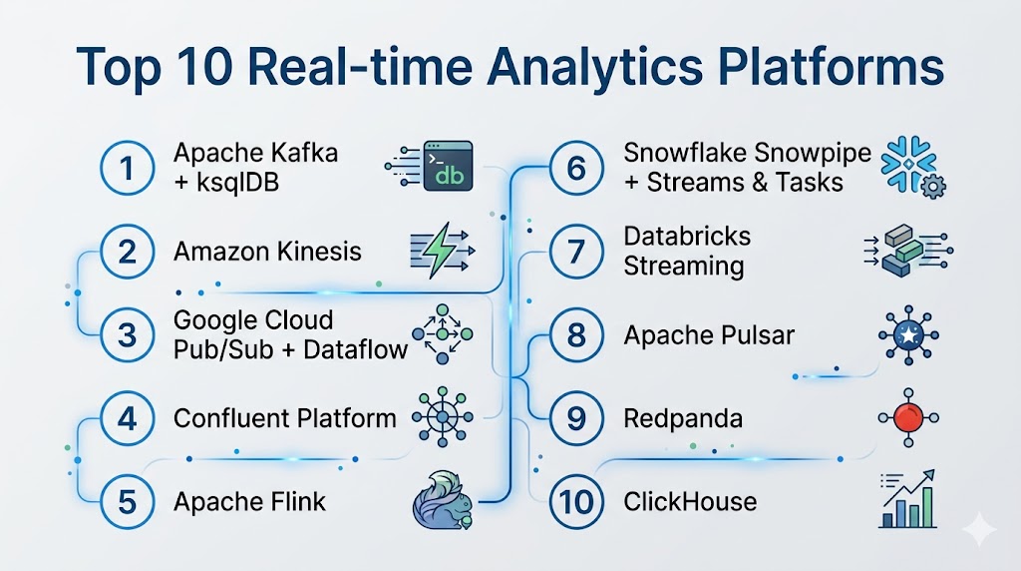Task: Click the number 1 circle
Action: pos(127,168)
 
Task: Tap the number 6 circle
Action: pos(575,168)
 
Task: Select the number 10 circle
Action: pos(575,501)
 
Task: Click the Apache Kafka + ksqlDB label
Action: pos(255,167)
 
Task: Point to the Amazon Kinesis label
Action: pos(267,251)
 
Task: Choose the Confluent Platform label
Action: pos(284,417)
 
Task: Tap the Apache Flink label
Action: pos(249,501)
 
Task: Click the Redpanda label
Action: pos(683,417)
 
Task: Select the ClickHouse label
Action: pos(690,501)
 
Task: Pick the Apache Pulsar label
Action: pos(709,334)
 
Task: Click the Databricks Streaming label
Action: pos(687,251)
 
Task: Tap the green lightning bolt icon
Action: pos(438,252)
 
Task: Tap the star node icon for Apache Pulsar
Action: pos(906,334)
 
